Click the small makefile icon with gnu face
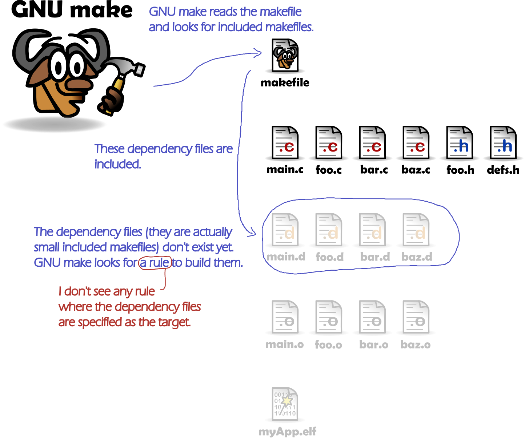(x=285, y=57)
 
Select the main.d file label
(x=286, y=257)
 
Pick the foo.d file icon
(x=329, y=230)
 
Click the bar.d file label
(x=375, y=257)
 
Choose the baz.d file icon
(x=416, y=230)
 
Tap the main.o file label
(x=285, y=344)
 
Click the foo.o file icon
(x=329, y=318)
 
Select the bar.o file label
(x=374, y=344)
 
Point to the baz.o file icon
(x=416, y=318)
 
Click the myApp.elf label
(x=287, y=432)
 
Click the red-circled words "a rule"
(x=155, y=262)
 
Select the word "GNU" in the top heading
(x=162, y=12)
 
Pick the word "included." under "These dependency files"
(x=117, y=164)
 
